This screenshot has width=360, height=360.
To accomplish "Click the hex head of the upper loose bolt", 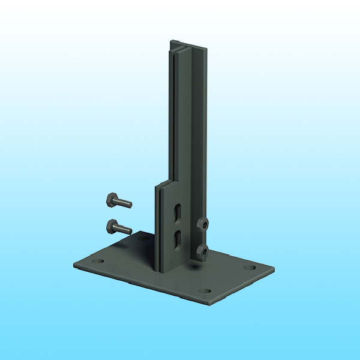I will [x=112, y=198].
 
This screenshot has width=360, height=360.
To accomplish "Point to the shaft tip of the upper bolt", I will [x=129, y=205].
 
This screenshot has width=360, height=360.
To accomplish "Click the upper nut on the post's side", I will [x=204, y=224].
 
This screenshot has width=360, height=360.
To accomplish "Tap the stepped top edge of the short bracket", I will [x=166, y=182].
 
